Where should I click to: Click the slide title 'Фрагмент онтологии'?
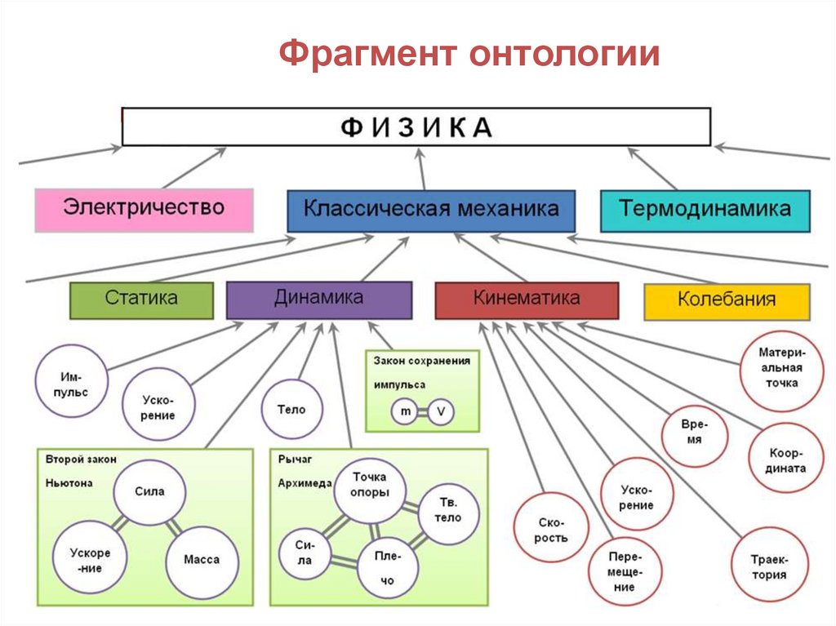(469, 55)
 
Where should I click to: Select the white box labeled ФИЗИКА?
(416, 127)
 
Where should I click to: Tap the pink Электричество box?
(144, 209)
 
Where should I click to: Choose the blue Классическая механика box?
(431, 210)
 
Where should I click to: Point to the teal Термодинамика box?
(705, 210)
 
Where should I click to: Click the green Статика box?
(141, 300)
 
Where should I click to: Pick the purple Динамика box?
(318, 300)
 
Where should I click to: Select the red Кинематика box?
(527, 300)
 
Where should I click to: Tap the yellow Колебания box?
(727, 301)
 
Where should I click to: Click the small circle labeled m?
(406, 413)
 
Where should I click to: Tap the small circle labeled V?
(441, 413)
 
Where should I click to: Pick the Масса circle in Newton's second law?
(202, 560)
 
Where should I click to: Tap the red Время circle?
(695, 434)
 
